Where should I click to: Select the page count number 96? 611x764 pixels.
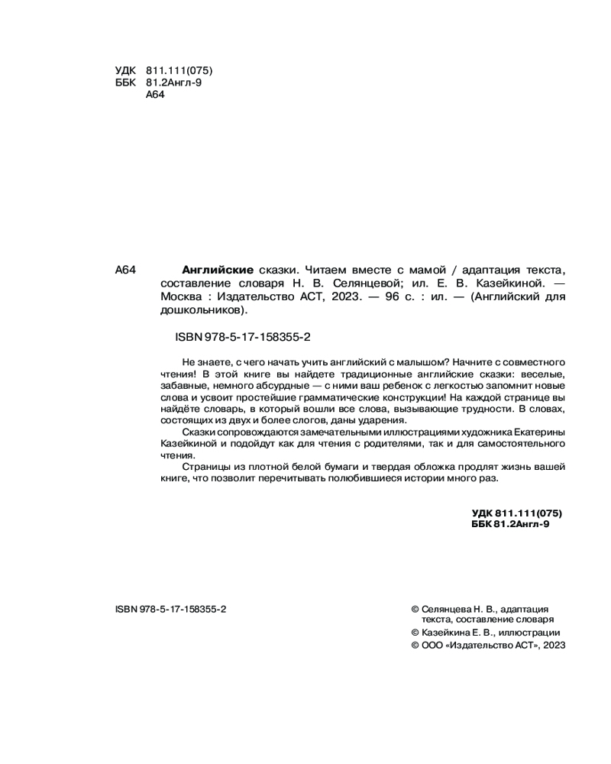397,296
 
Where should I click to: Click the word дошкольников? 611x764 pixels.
203,310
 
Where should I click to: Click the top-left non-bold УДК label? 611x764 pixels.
124,70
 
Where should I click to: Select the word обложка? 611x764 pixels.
415,467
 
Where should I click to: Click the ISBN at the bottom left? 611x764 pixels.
170,609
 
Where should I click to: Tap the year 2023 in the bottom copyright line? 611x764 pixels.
552,645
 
